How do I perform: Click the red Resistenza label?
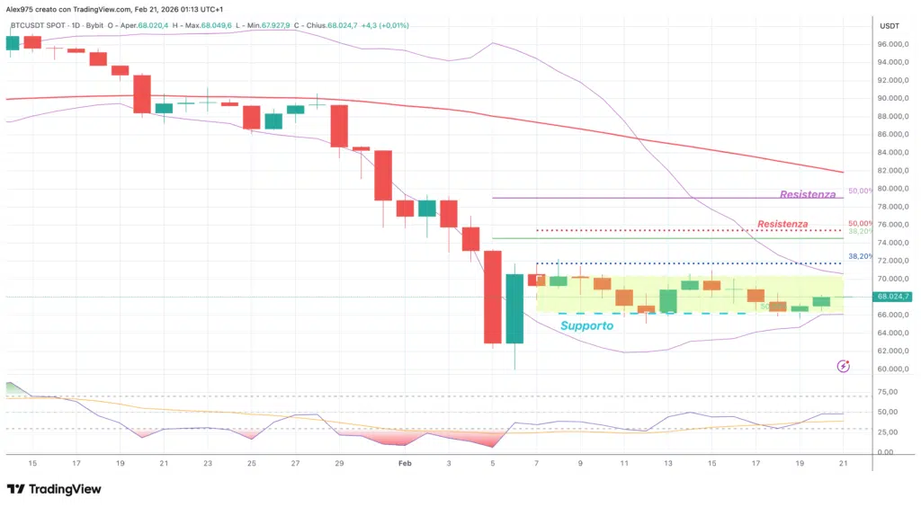tap(782, 224)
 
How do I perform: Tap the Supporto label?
tap(586, 325)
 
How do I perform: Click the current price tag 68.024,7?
tap(895, 297)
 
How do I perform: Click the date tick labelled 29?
tap(339, 463)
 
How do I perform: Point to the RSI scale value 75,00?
tap(888, 393)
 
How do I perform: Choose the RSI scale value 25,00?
tap(888, 432)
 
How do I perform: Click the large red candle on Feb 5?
tap(492, 297)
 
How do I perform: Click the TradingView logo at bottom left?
tap(54, 489)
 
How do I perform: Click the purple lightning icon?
tap(844, 366)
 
